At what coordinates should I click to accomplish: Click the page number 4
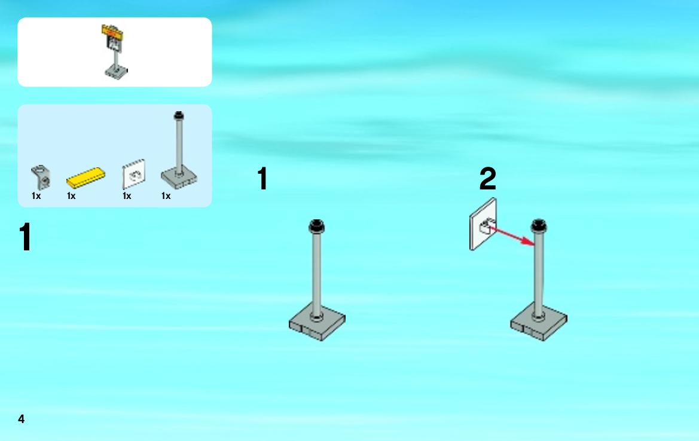(x=21, y=419)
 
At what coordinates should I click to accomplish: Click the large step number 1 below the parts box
(x=25, y=237)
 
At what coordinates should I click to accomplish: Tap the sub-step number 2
(x=488, y=179)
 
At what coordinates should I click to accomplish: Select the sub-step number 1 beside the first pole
(x=262, y=179)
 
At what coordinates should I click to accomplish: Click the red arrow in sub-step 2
(x=512, y=236)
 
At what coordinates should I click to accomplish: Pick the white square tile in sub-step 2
(x=483, y=224)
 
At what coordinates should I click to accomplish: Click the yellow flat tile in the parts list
(x=86, y=177)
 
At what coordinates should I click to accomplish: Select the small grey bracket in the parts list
(x=41, y=177)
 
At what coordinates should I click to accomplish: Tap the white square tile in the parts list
(x=134, y=174)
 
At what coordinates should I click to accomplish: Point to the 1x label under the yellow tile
(x=71, y=196)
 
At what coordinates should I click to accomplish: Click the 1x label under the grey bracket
(x=36, y=196)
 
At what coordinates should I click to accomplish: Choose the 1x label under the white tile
(x=127, y=196)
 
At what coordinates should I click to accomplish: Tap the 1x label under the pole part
(x=166, y=196)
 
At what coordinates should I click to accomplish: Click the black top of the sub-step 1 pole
(x=316, y=226)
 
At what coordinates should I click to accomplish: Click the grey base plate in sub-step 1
(x=317, y=322)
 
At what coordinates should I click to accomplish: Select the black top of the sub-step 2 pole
(x=539, y=226)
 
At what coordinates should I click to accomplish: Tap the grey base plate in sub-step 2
(x=539, y=322)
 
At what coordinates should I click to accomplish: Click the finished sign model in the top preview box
(x=115, y=52)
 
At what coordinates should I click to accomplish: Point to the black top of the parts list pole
(x=179, y=115)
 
